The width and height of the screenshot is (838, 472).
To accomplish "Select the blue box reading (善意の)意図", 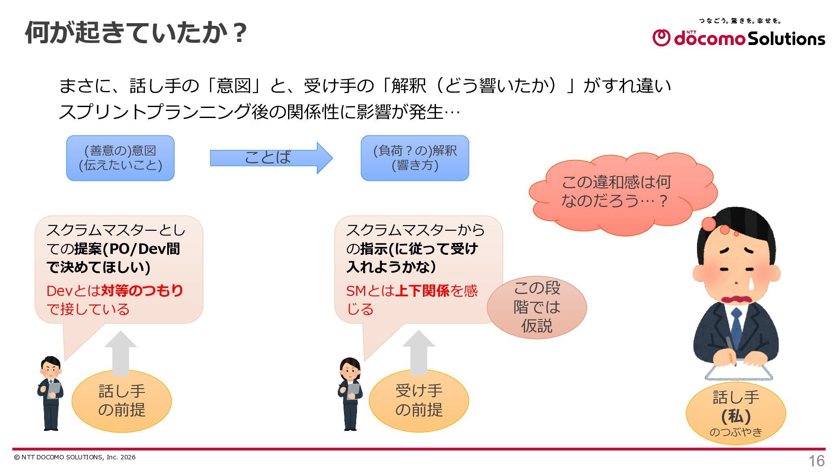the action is [x=120, y=158].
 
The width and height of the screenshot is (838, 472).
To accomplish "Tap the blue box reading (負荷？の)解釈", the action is [x=415, y=158].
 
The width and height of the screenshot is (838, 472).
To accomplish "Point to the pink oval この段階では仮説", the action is [x=537, y=307].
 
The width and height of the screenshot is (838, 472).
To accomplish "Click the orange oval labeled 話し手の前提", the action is [x=122, y=401].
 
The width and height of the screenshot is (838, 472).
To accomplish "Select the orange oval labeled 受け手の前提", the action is [x=419, y=401].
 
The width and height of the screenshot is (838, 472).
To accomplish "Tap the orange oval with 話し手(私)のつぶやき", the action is [x=736, y=413].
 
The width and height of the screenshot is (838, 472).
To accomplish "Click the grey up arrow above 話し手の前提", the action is [x=121, y=353].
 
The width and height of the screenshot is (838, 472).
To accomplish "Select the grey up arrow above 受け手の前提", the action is [x=419, y=352].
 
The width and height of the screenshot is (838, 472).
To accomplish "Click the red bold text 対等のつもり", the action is [x=142, y=291].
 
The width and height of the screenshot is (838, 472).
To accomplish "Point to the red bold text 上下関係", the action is [x=422, y=291].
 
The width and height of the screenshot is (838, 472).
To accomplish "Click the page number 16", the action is [x=817, y=461].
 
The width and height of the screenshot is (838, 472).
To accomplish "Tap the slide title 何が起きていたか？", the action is [x=137, y=32].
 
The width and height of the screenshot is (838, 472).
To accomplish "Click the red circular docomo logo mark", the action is [x=661, y=38].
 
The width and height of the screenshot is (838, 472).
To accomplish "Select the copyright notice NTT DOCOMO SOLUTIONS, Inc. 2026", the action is [x=75, y=457].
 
